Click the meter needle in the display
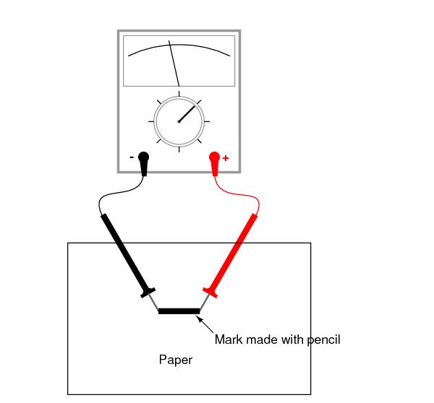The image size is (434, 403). pos(174,64)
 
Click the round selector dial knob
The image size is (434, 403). pos(179,121)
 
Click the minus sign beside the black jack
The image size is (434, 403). pos(132,157)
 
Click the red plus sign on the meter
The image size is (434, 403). pos(226,157)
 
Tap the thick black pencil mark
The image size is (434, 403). pos(179,311)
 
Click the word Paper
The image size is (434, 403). pos(176,359)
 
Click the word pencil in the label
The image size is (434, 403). pos(323,339)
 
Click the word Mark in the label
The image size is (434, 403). pos(229,339)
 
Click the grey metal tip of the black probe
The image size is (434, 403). pos(154,303)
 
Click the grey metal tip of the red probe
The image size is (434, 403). pos(204,303)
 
